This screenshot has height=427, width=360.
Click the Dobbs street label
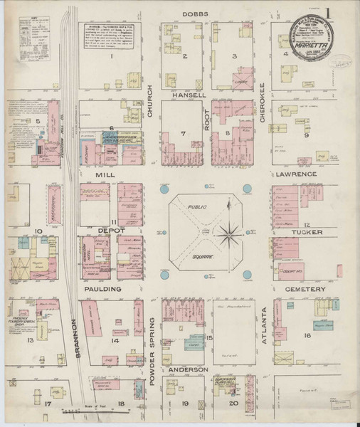point(194,14)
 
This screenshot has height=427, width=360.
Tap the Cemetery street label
point(305,290)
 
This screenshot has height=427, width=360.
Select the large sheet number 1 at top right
point(348,16)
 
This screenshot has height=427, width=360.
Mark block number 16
point(308,335)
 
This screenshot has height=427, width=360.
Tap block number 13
point(30,341)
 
